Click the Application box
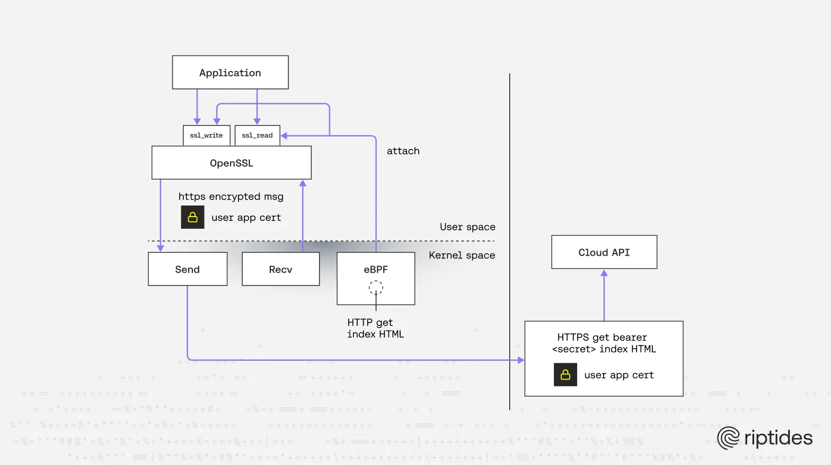point(230,73)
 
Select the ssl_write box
point(206,136)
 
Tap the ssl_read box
point(257,136)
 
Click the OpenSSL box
point(231,163)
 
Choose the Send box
point(187,270)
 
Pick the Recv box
point(280,270)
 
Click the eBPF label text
point(376,270)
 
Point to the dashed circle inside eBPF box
point(376,288)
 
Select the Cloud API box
point(604,253)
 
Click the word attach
point(403,151)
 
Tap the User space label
point(467,227)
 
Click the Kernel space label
point(462,255)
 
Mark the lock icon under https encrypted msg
point(192,217)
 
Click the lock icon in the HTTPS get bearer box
point(565,374)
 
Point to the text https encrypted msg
point(231,196)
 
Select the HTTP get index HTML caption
point(375,328)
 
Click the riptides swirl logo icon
point(728,438)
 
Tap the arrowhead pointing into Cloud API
point(604,273)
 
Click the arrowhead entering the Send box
point(161,248)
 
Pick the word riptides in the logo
point(778,438)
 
